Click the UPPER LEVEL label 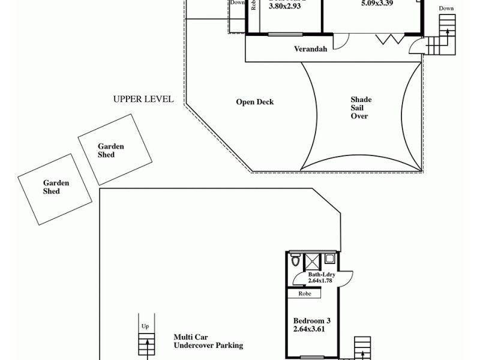(143, 99)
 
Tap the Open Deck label (254, 102)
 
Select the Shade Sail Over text (361, 108)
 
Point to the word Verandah (310, 49)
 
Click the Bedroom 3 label (311, 321)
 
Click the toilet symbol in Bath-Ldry (295, 262)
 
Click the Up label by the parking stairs (145, 326)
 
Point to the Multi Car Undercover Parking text (208, 341)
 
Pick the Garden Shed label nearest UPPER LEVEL (111, 151)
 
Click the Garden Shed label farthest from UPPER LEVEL (56, 187)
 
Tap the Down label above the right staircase (446, 8)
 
